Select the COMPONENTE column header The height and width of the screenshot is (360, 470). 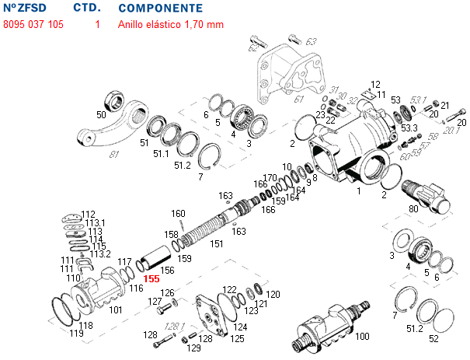(x=161, y=8)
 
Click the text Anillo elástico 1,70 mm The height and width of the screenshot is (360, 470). (x=170, y=24)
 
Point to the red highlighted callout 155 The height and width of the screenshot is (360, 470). (x=151, y=278)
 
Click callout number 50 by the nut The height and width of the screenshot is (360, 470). (x=101, y=115)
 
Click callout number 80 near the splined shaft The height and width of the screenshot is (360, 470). (x=412, y=208)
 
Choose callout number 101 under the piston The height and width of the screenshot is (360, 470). (x=116, y=309)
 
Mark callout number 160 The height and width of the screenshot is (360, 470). (x=178, y=214)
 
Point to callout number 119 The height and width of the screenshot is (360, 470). (x=76, y=334)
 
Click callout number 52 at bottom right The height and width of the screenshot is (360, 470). (x=433, y=338)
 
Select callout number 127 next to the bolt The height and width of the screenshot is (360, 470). (x=155, y=301)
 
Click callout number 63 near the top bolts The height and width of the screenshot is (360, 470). (x=311, y=40)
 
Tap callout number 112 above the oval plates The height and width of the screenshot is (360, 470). (x=88, y=214)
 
